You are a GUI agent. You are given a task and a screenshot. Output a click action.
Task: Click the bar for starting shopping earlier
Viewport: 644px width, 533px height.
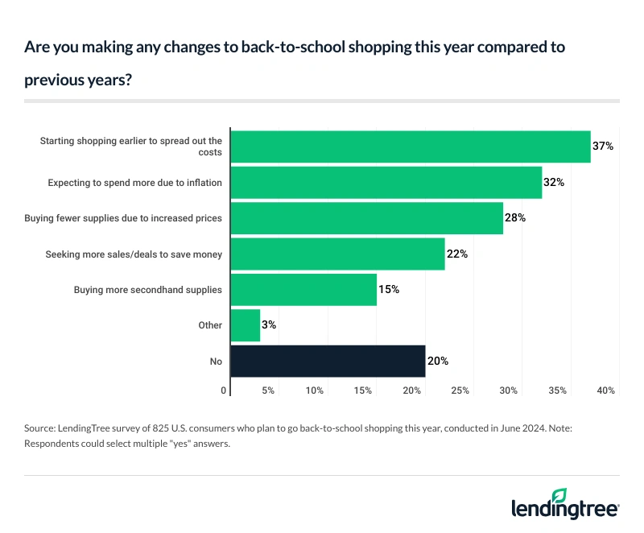411,147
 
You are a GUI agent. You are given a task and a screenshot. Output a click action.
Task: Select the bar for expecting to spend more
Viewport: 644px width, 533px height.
386,183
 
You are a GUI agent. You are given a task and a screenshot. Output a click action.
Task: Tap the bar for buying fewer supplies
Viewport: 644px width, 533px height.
367,218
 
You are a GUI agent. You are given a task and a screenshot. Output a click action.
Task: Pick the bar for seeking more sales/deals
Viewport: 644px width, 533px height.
338,254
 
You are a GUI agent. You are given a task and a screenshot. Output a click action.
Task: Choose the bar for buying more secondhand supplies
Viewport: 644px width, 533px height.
303,290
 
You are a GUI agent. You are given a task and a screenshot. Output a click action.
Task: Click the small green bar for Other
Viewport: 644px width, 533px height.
246,325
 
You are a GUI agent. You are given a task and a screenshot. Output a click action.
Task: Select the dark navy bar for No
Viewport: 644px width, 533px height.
328,362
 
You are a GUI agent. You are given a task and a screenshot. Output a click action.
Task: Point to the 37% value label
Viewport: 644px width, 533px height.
603,147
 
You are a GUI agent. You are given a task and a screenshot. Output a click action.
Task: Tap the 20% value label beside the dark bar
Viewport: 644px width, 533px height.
437,362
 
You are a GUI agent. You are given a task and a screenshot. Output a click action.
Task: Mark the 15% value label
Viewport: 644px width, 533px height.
389,290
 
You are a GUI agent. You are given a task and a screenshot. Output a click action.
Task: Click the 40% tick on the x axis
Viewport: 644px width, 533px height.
605,390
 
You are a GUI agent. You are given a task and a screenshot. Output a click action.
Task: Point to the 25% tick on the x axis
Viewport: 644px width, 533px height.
460,390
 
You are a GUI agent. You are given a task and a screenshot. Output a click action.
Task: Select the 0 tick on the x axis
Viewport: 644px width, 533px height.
224,390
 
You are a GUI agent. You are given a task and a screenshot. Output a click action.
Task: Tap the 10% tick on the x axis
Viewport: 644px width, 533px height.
314,390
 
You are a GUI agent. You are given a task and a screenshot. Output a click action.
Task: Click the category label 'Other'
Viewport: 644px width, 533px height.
209,326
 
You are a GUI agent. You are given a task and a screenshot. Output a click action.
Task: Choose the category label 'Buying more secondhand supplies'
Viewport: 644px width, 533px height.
147,290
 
